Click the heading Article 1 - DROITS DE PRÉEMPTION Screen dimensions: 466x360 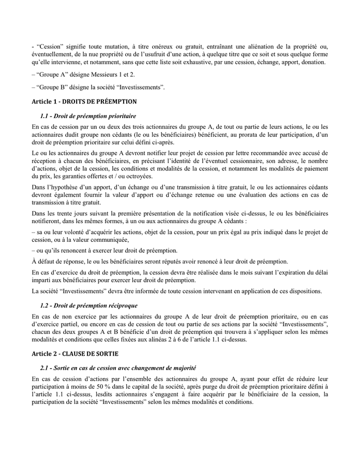coord(84,101)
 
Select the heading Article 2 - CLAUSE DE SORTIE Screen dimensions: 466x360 coord(75,355)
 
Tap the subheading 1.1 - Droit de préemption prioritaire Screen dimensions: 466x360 coord(88,115)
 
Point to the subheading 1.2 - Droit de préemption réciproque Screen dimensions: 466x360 coord(89,305)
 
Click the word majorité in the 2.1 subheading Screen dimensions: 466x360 coord(182,369)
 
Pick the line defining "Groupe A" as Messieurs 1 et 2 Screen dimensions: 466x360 coord(83,75)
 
